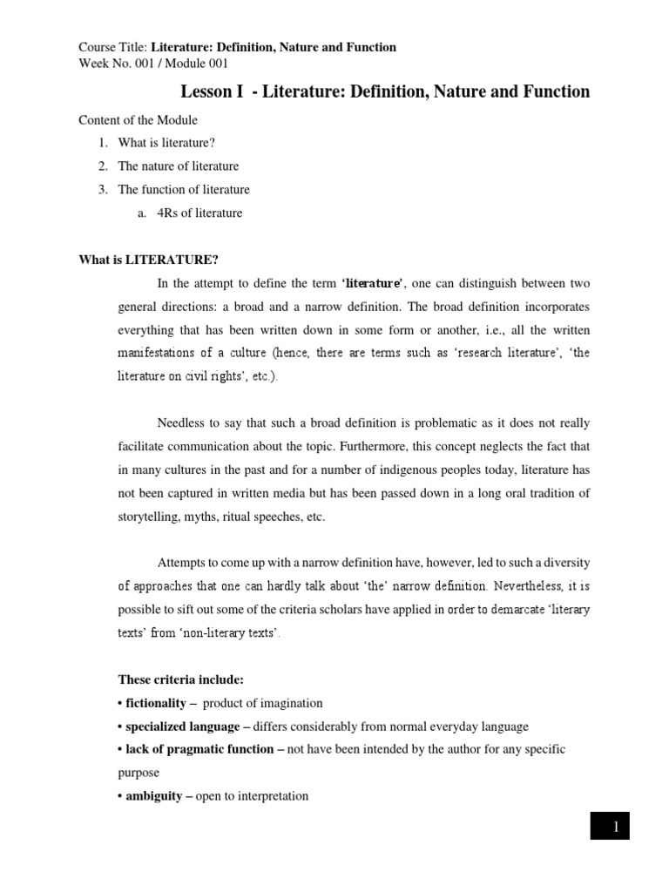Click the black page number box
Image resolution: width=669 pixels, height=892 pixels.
[615, 827]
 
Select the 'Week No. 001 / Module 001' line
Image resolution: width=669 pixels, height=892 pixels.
[153, 63]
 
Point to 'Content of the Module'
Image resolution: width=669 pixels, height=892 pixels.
[139, 119]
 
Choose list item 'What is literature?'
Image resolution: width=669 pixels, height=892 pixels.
[166, 143]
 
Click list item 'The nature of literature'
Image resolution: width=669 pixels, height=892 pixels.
[179, 166]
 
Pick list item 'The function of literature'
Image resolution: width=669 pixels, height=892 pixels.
[184, 190]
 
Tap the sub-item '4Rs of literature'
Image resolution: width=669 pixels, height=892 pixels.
[193, 213]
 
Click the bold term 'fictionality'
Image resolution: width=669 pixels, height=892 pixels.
[154, 703]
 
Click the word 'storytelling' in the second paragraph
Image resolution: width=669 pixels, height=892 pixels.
[148, 517]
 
